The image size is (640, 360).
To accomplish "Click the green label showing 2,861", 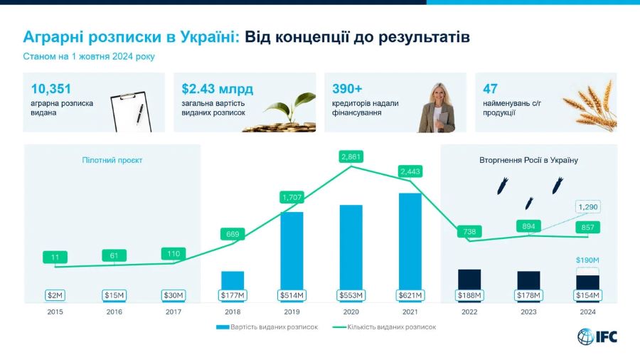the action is pos(351,157).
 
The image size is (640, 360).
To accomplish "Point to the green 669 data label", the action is pos(233,234).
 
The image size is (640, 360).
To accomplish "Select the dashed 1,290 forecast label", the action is pos(588,207).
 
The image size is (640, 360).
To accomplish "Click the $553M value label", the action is pos(351,295).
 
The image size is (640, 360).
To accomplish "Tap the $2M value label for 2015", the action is pos(55,295).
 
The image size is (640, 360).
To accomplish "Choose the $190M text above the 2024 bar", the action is pos(587,260).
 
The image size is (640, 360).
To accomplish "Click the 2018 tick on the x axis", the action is pos(233,312).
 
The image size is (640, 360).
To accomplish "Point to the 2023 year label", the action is pos(528,312).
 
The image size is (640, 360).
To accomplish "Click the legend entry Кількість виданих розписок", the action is pos(385,327).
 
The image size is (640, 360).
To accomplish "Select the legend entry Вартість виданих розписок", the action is pos(267,327).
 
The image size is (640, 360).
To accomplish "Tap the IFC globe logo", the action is pos(585,337).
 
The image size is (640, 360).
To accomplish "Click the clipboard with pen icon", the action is pos(131,112).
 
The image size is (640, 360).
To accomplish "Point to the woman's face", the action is pos(439,95).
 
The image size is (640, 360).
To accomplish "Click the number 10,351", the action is pos(51,88).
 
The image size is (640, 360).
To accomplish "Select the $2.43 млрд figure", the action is pos(218,88).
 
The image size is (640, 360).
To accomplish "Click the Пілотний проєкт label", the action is pos(112,160).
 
